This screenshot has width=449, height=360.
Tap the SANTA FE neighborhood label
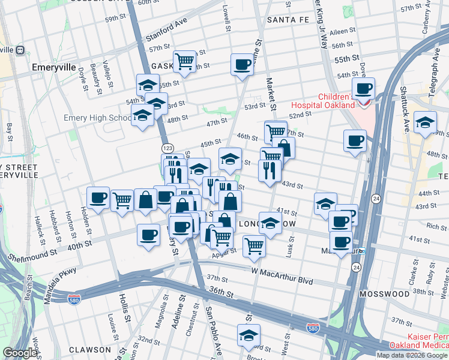point(288,20)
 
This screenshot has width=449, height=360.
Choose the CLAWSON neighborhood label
point(89,349)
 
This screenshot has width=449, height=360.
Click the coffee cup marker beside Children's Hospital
point(363,89)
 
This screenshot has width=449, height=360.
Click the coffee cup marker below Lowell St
point(242,64)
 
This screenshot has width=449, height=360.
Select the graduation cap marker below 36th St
point(249,335)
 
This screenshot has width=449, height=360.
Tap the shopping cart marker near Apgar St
point(255,245)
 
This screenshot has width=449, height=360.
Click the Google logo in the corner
point(20,353)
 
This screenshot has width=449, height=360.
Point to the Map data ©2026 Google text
point(412,355)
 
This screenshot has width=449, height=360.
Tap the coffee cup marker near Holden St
point(98,197)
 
